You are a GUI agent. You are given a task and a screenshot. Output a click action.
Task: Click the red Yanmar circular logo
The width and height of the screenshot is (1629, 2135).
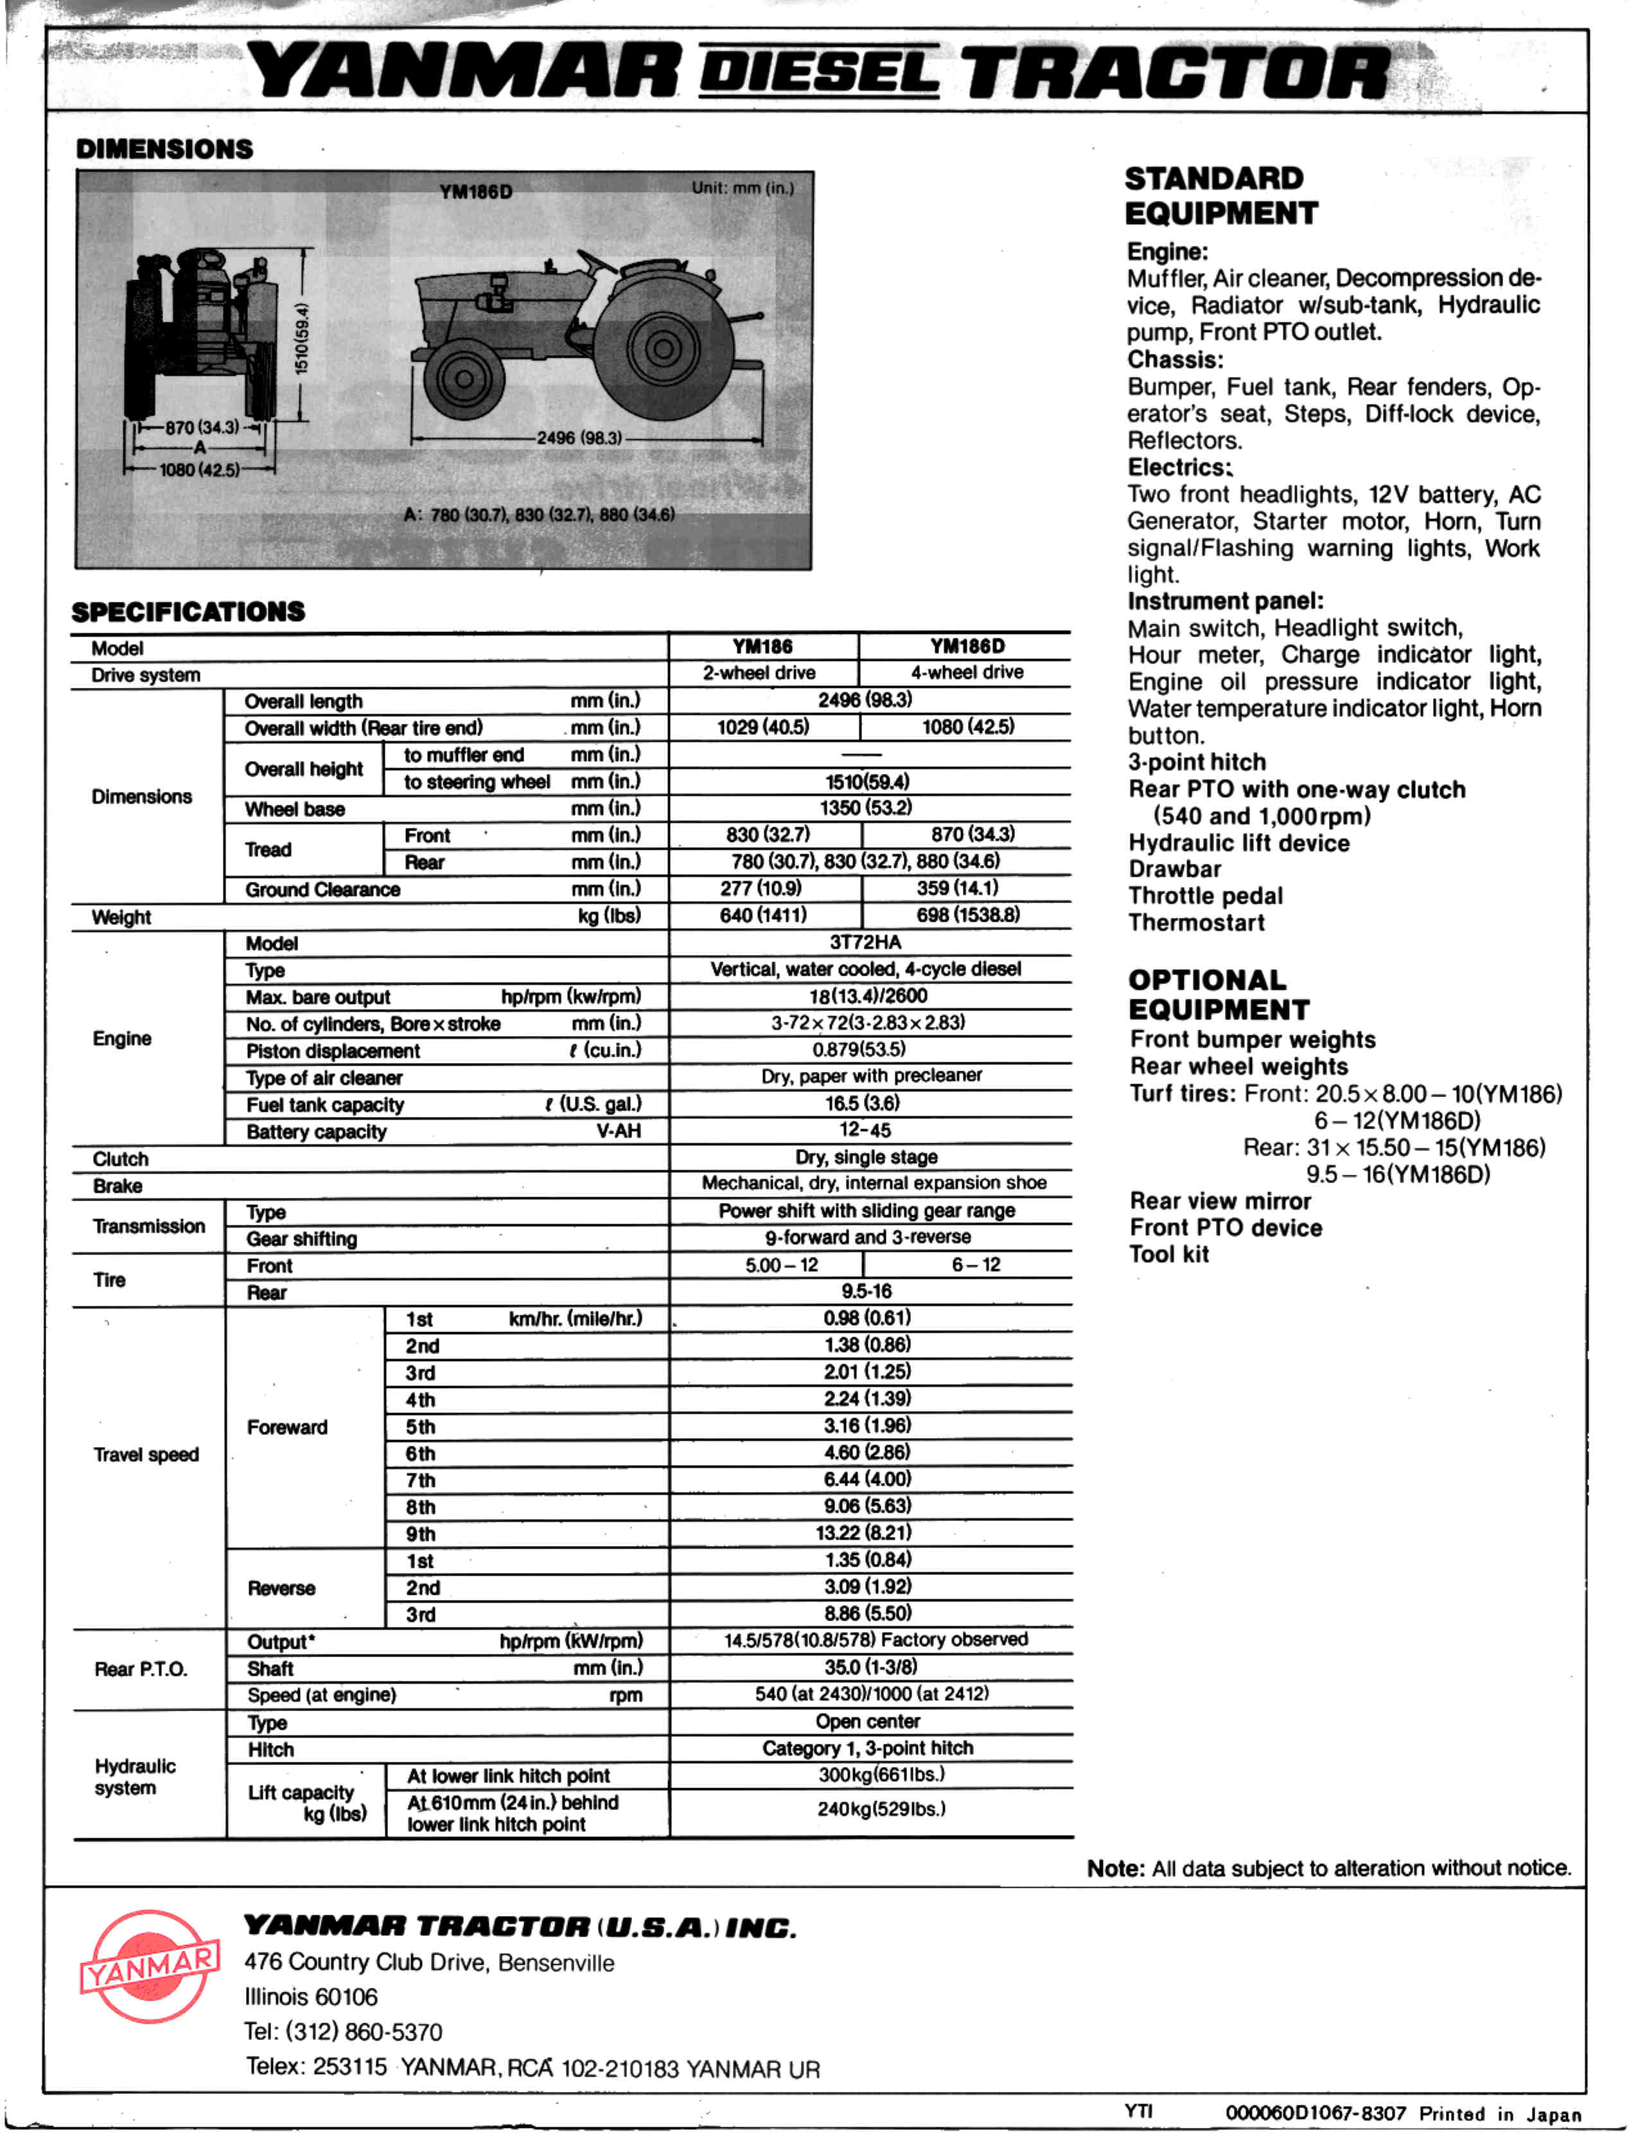149,1967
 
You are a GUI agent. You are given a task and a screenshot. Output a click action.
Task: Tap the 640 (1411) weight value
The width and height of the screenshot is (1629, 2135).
763,914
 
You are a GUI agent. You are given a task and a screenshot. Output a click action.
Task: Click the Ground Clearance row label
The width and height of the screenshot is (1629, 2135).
322,889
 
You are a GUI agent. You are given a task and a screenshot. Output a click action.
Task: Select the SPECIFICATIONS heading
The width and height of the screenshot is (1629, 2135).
188,612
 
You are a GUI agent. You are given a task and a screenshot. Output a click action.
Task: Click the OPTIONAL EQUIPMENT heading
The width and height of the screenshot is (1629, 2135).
1218,995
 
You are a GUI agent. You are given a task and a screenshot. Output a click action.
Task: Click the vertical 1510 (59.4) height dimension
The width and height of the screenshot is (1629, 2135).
303,337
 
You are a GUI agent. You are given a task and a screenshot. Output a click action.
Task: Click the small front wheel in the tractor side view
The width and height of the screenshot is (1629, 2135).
464,379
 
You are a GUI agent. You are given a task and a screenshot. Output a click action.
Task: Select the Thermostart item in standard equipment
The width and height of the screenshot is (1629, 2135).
1197,922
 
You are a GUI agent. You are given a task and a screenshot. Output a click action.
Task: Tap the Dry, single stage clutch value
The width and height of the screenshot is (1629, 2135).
866,1157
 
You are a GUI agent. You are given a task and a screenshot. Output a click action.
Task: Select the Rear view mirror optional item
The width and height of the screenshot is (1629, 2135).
1220,1200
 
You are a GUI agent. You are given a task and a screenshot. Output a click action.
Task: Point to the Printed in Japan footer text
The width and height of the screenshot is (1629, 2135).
1500,2114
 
